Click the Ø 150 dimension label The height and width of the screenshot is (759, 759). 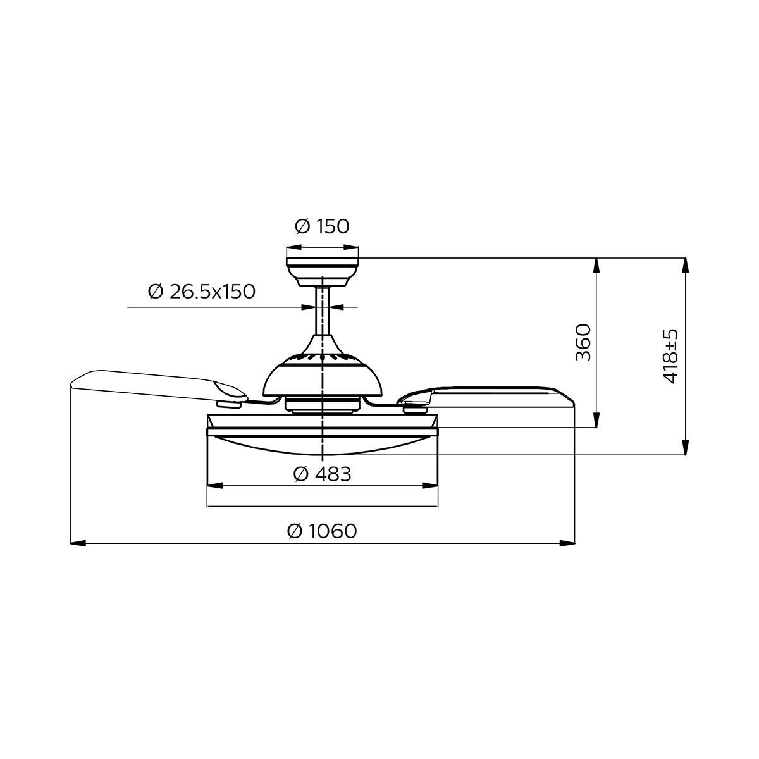tap(322, 226)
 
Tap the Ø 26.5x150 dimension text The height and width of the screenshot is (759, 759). tap(202, 292)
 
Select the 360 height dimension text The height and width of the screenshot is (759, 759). tap(583, 342)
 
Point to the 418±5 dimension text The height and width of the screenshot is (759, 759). tap(670, 355)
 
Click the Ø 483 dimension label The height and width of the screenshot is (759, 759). tap(323, 473)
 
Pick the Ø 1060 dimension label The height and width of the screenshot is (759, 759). tap(322, 531)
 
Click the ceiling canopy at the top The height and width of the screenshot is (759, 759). tap(323, 269)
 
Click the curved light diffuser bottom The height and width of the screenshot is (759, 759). tap(323, 446)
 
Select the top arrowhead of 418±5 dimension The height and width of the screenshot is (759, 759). tap(684, 266)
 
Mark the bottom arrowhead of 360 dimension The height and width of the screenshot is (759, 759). tap(596, 420)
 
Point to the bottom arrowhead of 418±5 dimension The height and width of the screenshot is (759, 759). tap(684, 447)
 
